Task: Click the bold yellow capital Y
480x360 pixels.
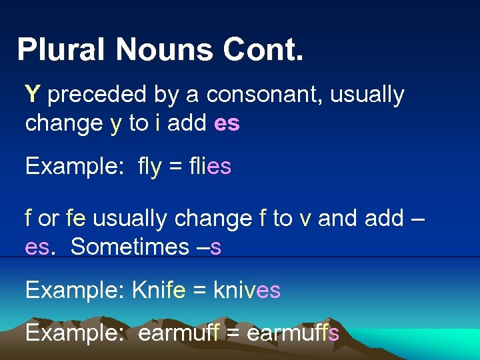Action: point(33,95)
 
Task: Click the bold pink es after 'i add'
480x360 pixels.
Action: point(227,124)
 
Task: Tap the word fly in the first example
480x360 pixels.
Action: point(149,167)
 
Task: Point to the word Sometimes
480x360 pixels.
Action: point(120,247)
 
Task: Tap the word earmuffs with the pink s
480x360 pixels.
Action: point(293,332)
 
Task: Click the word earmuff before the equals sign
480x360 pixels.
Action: point(179,332)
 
